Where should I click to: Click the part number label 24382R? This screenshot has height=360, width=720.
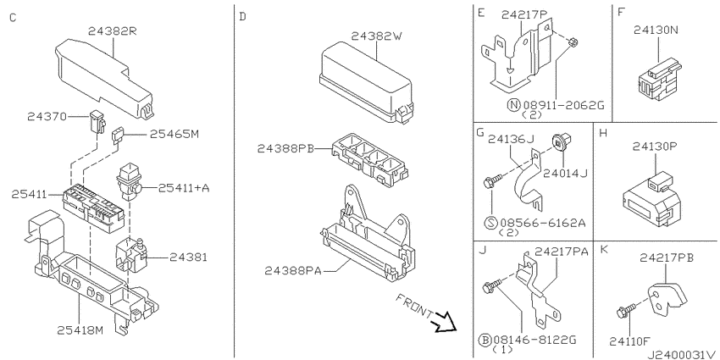114,31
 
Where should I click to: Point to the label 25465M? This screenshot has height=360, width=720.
174,134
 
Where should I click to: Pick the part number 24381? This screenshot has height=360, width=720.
188,258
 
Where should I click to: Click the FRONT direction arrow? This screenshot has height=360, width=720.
443,321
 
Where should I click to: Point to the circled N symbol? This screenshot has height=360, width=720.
514,105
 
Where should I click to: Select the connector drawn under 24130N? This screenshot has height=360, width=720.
659,80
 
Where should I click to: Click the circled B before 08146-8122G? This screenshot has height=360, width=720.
485,341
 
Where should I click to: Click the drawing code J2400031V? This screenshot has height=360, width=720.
682,354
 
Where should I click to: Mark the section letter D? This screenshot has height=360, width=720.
243,18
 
